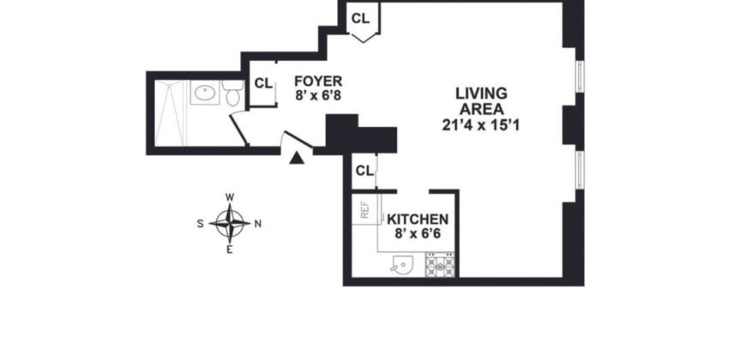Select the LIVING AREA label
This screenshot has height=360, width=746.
[x=481, y=100]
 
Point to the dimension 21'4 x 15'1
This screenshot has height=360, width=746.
[x=481, y=124]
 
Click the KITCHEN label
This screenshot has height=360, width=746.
[x=418, y=219]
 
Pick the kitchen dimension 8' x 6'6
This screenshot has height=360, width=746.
[x=418, y=232]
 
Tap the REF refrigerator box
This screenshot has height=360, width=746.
[x=364, y=210]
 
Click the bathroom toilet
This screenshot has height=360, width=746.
[x=232, y=93]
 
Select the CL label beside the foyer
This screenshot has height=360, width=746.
[x=263, y=83]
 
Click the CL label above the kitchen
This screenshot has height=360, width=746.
[x=364, y=170]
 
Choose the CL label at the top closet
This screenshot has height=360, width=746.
[x=361, y=17]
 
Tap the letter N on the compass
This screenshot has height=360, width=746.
[x=258, y=224]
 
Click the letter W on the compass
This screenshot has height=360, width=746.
[x=230, y=197]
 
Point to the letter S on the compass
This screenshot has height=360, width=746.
[x=201, y=224]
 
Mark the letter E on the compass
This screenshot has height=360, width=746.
[x=230, y=249]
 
